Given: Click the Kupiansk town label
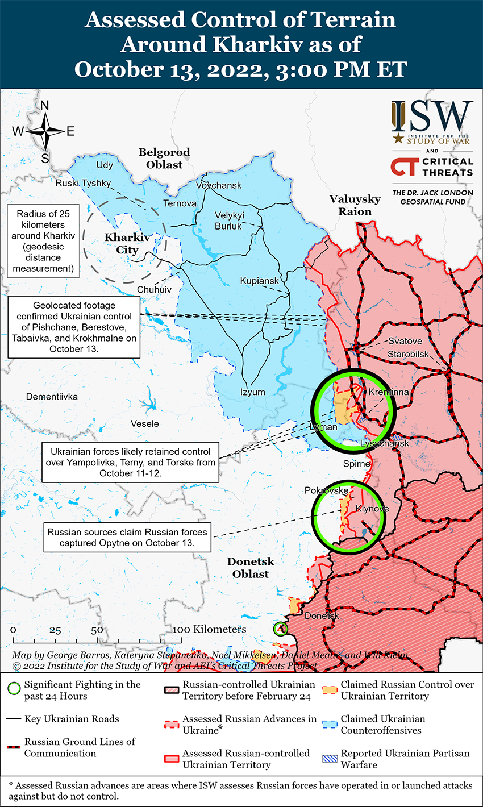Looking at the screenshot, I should (x=259, y=281).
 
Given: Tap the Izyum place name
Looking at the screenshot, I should (x=253, y=392).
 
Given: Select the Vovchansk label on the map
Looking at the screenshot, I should (x=219, y=185).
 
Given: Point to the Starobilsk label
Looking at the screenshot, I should (x=407, y=354).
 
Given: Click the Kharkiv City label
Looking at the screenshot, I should (x=127, y=243).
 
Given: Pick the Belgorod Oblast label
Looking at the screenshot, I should (x=164, y=159).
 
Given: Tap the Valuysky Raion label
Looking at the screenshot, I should (x=355, y=205).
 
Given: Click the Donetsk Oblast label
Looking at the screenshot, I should (x=251, y=568).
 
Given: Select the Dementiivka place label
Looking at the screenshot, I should (x=52, y=396).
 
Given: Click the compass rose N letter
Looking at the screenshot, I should (x=45, y=105).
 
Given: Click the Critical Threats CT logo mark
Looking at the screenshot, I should (x=404, y=167).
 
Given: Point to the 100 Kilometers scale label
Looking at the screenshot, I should (x=210, y=629).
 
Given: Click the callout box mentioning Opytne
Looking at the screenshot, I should (x=127, y=538).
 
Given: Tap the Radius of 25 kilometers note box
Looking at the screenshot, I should (x=43, y=241).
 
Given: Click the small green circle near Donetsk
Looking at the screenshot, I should (x=280, y=629).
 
